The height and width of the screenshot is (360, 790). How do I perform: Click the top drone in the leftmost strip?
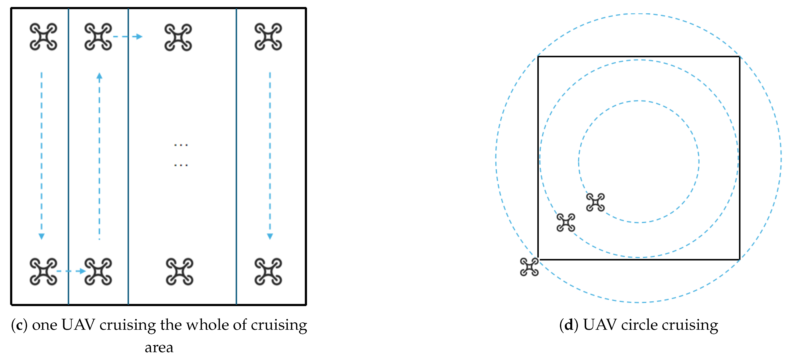(x=43, y=37)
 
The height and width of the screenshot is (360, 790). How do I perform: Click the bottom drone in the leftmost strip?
(x=43, y=272)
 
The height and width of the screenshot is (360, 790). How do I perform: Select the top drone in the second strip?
(x=98, y=37)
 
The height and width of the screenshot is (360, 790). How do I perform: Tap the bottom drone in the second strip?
(x=98, y=272)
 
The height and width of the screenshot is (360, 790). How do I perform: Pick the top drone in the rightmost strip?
(x=268, y=37)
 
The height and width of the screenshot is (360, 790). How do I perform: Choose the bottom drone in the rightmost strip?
(x=268, y=272)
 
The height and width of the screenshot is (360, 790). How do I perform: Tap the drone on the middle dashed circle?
(x=566, y=222)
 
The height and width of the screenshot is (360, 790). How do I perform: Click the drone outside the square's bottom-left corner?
(x=529, y=267)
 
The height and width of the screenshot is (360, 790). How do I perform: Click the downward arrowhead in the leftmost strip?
(x=42, y=236)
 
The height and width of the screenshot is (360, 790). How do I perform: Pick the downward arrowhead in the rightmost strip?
(x=270, y=236)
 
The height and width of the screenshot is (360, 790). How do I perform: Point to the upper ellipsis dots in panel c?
(x=181, y=145)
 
